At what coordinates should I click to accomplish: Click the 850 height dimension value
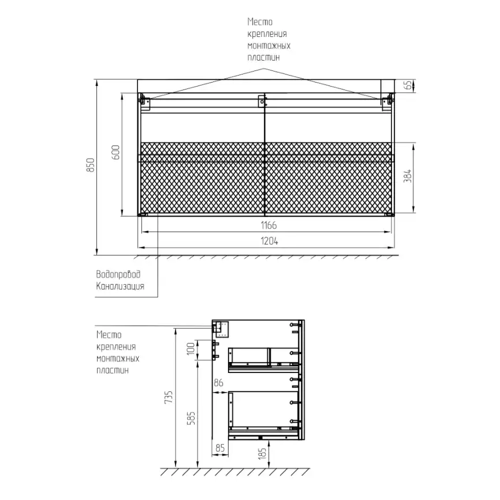coord(91,165)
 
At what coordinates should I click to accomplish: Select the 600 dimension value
coord(115,152)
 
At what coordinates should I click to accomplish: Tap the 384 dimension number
coord(407,176)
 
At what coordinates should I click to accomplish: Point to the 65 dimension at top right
coord(408,85)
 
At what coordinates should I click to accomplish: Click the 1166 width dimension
coord(268,225)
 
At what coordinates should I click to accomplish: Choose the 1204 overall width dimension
coord(269,241)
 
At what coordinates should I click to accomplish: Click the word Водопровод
coord(118,274)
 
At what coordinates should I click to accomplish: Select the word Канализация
coord(120,286)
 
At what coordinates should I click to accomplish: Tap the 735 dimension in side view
coord(169,397)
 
